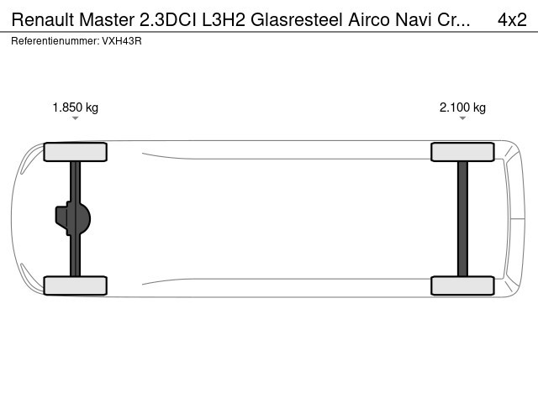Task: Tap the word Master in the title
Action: [107, 19]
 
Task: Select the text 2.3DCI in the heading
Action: [168, 19]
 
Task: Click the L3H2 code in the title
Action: [224, 19]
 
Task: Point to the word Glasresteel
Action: [297, 19]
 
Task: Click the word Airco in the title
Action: [369, 19]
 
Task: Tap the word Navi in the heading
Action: [413, 19]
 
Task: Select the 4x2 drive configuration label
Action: [512, 19]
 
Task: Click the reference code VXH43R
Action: [122, 41]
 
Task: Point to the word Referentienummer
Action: [55, 41]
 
